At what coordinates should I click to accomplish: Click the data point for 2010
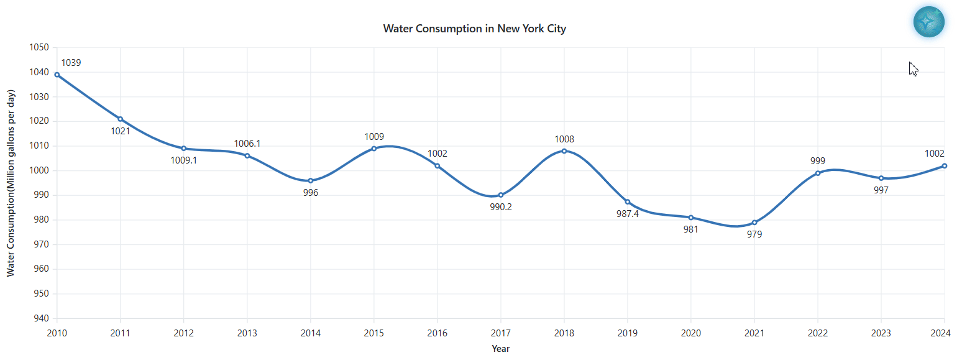57,75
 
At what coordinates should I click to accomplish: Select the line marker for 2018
564,151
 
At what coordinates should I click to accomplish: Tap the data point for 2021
754,223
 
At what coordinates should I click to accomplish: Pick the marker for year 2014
311,181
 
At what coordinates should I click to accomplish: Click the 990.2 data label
501,207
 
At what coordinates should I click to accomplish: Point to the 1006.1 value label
247,144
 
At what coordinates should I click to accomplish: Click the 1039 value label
71,63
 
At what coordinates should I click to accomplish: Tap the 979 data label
754,234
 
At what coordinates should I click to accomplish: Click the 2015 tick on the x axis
374,333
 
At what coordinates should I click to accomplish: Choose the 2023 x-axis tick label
881,333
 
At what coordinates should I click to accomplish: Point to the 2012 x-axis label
184,333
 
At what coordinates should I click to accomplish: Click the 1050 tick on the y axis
39,47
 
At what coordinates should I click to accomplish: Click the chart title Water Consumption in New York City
475,29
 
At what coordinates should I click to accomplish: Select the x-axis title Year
501,349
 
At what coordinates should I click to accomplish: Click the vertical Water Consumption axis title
11,183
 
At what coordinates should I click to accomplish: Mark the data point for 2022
818,173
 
